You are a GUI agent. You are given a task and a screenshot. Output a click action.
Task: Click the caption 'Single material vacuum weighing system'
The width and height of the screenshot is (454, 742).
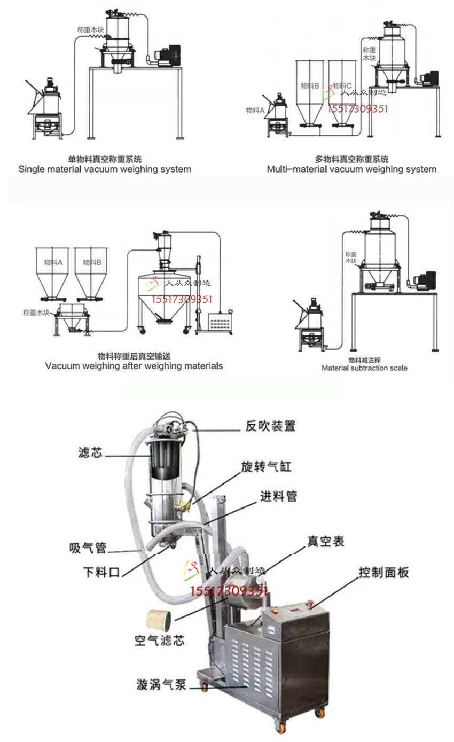[105, 169]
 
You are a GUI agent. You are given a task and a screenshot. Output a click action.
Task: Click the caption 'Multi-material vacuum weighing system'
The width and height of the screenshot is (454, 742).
[351, 169]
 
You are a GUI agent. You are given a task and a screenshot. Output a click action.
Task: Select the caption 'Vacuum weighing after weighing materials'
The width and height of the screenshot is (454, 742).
[134, 366]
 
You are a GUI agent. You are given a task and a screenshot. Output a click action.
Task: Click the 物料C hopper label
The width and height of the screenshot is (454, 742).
[342, 85]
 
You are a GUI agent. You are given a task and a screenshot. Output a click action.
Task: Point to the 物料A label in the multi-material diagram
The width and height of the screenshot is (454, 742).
[255, 110]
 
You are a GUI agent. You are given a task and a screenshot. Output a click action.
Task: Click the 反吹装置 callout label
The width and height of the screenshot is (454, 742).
[270, 426]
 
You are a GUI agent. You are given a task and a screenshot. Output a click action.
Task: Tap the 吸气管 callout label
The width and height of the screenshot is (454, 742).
[88, 548]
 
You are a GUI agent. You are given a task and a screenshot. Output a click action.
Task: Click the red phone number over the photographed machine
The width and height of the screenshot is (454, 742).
[229, 590]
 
